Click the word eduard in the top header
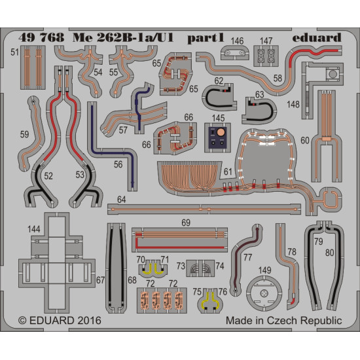317,38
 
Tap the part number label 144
34,229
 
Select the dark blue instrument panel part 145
217,137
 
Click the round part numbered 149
264,293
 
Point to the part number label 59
24,134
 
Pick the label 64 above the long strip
122,200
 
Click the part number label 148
293,105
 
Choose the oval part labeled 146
234,53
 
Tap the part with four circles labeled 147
266,56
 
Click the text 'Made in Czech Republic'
284,321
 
